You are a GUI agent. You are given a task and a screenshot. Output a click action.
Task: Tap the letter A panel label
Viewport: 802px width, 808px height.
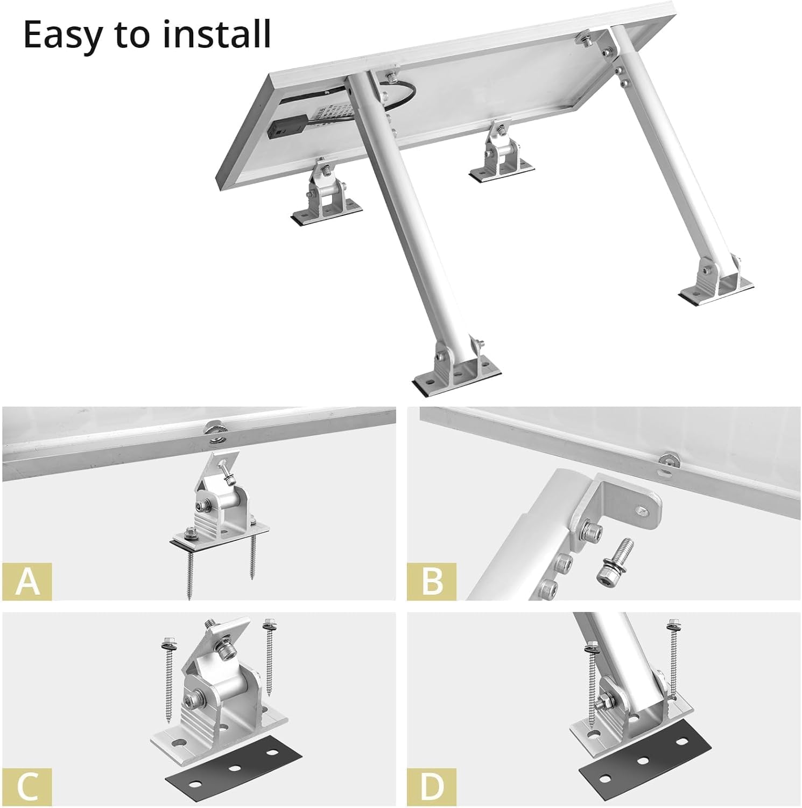27,582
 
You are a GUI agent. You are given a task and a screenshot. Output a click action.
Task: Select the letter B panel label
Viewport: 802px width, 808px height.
432,582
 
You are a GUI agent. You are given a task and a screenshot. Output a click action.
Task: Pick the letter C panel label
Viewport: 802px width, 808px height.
27,787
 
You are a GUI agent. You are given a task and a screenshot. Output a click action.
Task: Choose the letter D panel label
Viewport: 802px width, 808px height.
432,787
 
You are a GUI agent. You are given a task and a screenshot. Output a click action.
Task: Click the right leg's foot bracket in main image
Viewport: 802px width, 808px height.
716,280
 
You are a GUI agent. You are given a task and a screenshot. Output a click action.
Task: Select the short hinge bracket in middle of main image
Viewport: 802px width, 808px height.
498,156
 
